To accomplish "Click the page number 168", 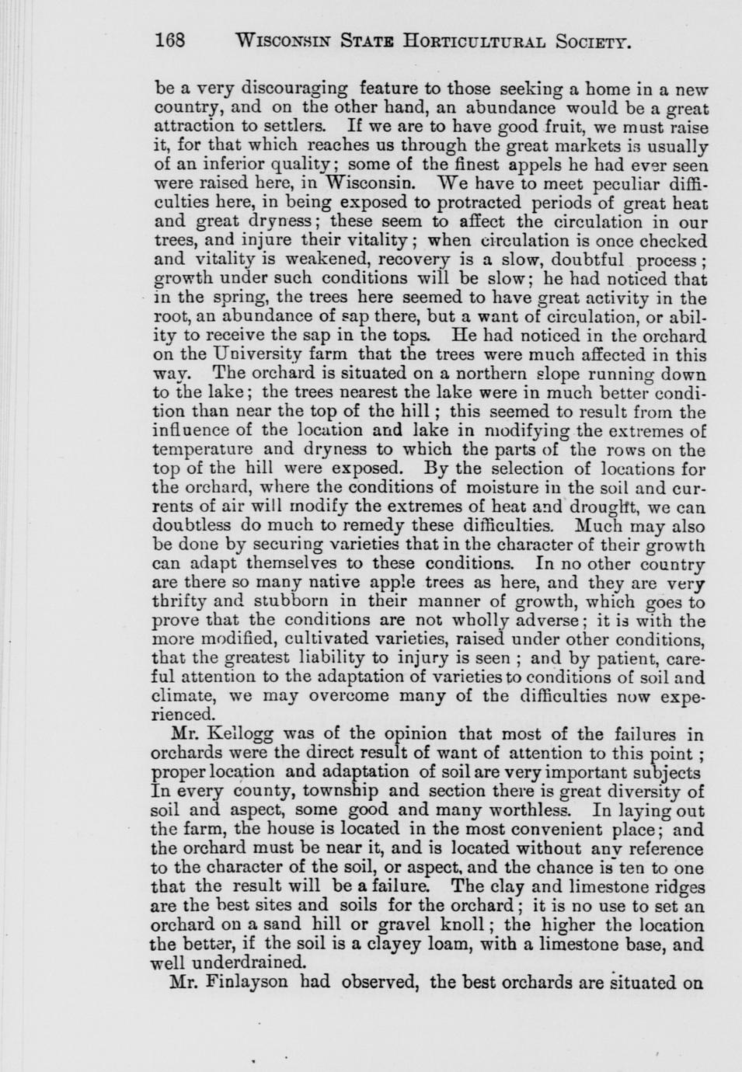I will (x=170, y=40).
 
